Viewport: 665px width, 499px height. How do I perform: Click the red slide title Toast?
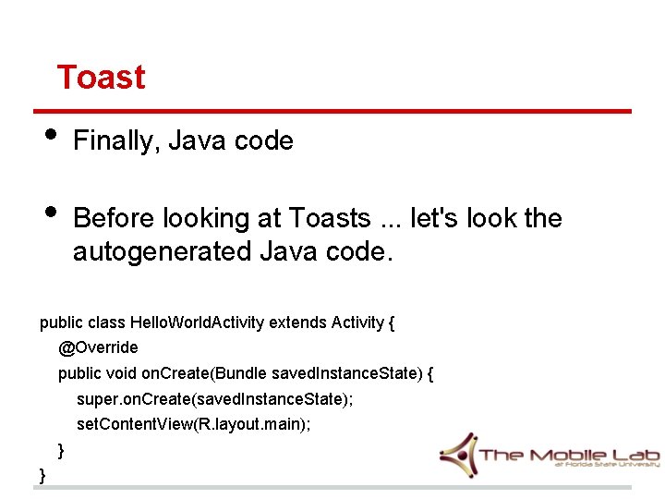[101, 77]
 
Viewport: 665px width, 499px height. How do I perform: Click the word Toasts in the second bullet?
[329, 219]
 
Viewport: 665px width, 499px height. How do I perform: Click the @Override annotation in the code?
[98, 347]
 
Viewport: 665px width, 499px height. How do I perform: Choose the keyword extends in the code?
[293, 323]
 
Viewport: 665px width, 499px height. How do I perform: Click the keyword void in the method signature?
[118, 373]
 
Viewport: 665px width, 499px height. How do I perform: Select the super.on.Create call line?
[214, 399]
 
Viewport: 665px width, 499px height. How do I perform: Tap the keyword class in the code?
[107, 323]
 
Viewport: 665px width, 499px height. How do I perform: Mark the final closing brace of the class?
[42, 475]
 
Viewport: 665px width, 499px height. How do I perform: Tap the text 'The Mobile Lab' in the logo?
[568, 454]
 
